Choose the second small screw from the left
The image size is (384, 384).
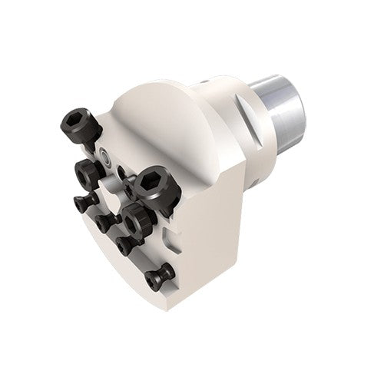click(x=105, y=223)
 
